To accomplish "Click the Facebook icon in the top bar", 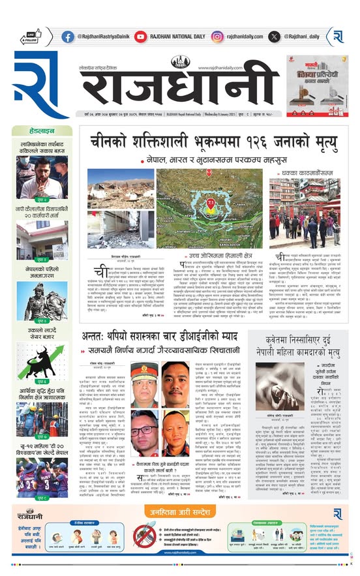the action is point(68,37).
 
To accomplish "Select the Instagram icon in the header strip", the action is point(217,37).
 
